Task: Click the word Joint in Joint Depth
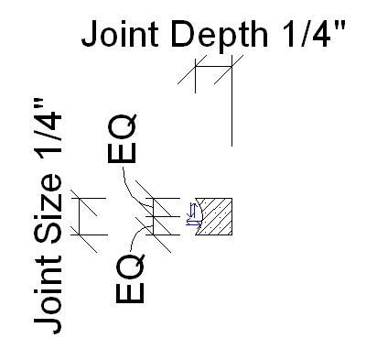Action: click(116, 36)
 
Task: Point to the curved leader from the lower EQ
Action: click(137, 235)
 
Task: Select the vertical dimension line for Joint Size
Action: click(83, 216)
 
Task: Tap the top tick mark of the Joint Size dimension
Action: click(83, 198)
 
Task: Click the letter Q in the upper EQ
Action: click(123, 127)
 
